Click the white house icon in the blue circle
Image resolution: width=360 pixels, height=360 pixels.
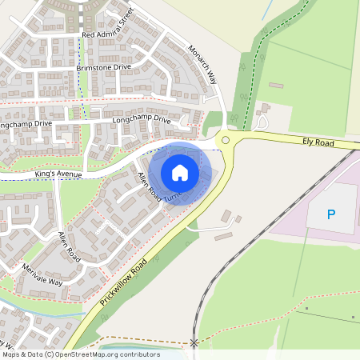coord(180,173)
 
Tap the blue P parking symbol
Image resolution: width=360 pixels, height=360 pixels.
coord(332,214)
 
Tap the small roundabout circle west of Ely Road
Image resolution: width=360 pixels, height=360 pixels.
coord(226,141)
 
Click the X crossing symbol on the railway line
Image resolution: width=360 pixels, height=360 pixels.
coord(193,342)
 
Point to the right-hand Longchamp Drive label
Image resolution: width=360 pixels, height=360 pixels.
coord(142,119)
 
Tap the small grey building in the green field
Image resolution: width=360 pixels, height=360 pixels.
coord(276,85)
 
